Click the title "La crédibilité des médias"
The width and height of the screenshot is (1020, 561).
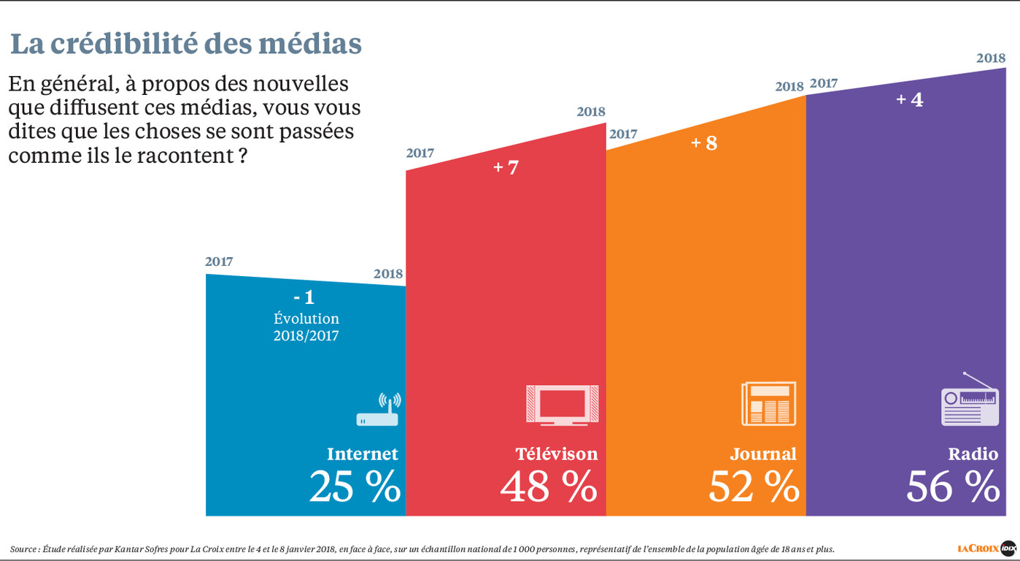click(186, 44)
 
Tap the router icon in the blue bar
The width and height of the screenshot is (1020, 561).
click(378, 411)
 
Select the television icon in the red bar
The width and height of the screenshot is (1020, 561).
click(562, 404)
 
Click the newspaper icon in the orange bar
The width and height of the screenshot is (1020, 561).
click(768, 403)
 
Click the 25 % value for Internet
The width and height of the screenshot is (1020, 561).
click(355, 487)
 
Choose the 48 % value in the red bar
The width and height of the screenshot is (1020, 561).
click(549, 487)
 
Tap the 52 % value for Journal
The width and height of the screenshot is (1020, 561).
click(754, 487)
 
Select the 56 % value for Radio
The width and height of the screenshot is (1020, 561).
click(953, 487)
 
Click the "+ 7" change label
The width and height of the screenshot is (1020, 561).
click(506, 167)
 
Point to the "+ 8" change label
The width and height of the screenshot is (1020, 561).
click(704, 142)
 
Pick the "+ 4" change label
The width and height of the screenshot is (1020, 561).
click(909, 99)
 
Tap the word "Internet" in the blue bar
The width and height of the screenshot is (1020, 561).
click(363, 454)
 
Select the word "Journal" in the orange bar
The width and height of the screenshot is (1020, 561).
click(763, 454)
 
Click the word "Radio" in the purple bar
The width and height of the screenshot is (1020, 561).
click(973, 454)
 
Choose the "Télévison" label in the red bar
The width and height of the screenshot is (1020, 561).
click(557, 454)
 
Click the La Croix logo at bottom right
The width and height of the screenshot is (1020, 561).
click(986, 547)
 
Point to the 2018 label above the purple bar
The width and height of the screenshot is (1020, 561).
click(991, 58)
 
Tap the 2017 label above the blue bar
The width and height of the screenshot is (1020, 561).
click(219, 262)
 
